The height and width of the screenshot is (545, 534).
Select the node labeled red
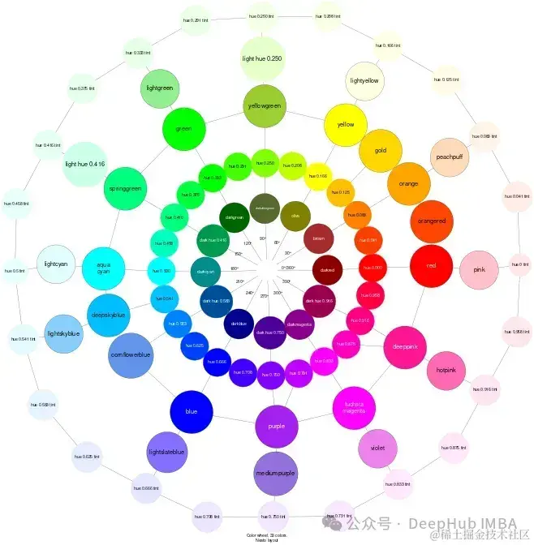coord(431,265)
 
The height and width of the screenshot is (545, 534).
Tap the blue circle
coord(192,411)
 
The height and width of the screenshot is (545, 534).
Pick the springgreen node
coord(125,189)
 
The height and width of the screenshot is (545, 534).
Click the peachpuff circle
coord(450,157)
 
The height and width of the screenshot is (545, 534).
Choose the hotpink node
coord(446,370)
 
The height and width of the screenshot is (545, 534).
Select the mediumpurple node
coord(275,473)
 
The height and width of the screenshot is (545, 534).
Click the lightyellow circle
coord(364,81)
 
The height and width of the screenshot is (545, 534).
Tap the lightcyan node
coord(57,264)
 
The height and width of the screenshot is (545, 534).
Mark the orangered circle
coord(431,221)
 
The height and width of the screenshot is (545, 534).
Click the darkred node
coord(327,269)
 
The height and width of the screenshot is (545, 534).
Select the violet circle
coord(377,448)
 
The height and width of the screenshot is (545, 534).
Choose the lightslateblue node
coord(167,452)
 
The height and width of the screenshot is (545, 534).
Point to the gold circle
coord(380,151)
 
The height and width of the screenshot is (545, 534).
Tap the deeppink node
coord(404,345)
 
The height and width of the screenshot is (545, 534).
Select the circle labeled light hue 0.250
coord(263,58)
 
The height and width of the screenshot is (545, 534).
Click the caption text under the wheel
coord(266,538)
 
